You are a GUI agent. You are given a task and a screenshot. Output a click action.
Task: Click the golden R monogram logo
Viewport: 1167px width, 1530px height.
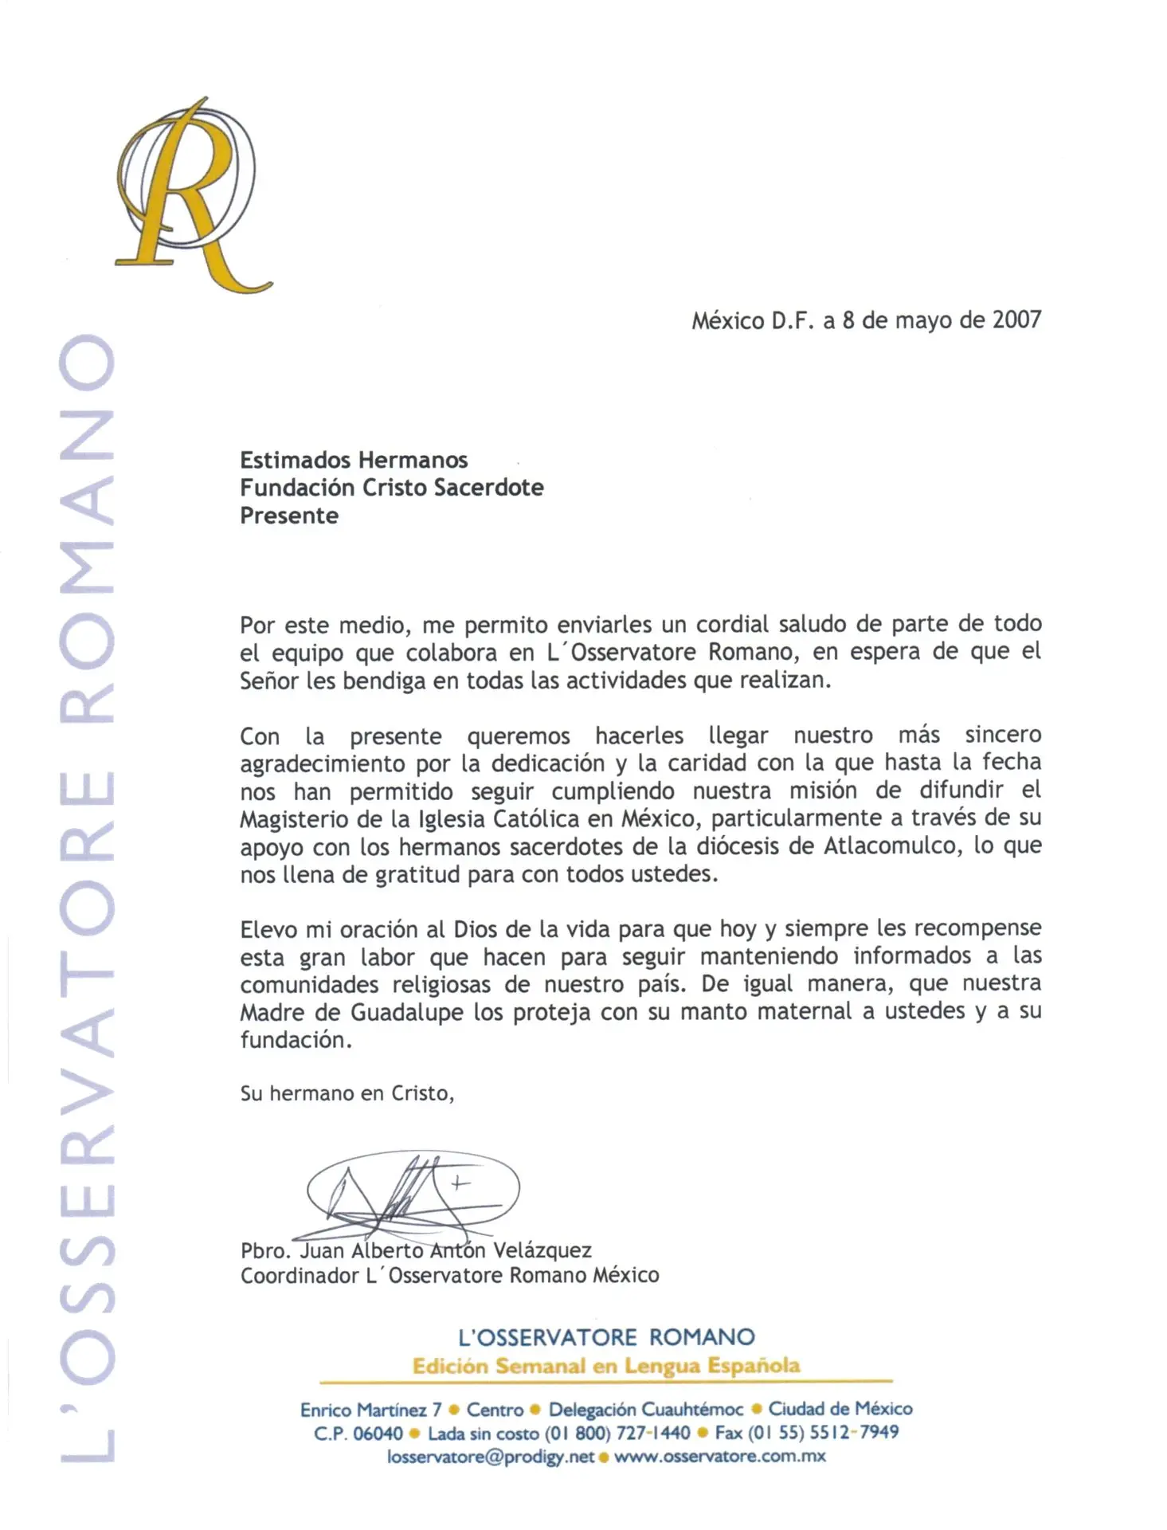191,195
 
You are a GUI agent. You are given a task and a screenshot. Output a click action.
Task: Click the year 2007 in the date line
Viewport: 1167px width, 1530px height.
1016,320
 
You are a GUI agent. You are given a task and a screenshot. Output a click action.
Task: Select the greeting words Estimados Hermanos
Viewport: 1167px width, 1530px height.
354,461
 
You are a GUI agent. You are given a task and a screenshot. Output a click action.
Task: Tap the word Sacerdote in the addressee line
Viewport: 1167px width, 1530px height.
495,488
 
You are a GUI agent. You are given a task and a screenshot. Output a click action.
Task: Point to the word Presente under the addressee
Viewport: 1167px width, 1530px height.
289,516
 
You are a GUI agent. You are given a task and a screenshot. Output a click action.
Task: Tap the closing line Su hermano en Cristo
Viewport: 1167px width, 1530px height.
347,1093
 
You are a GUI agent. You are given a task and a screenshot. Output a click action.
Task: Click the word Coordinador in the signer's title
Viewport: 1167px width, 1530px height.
300,1276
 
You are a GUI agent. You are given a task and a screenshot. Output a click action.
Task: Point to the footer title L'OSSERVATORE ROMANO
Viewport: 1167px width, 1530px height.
606,1337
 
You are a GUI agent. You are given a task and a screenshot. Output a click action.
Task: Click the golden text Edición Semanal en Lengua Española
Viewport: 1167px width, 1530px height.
606,1366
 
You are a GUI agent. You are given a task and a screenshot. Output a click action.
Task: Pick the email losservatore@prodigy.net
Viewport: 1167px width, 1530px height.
491,1457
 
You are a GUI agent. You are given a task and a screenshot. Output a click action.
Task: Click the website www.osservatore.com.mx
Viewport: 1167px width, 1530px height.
720,1457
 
